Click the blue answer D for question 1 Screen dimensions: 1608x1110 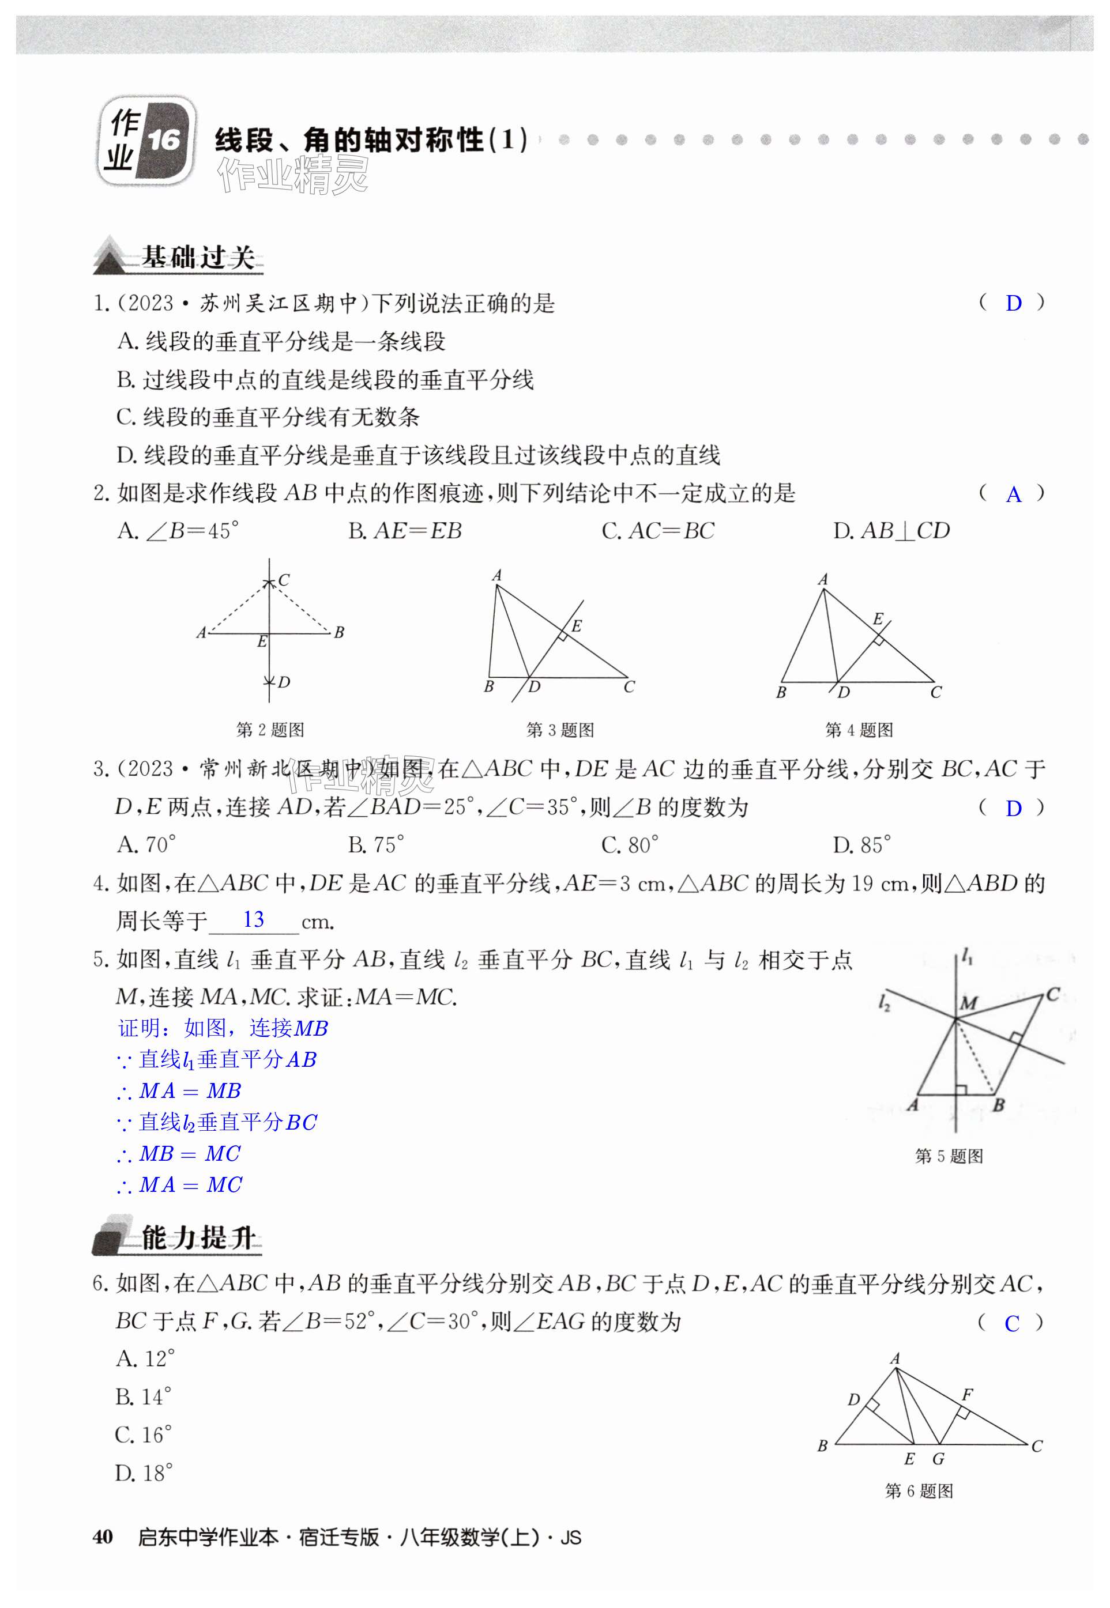[x=1013, y=303]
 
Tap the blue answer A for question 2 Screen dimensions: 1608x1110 [x=1013, y=495]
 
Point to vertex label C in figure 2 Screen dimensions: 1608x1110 [x=284, y=579]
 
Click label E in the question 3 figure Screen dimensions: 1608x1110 [x=576, y=626]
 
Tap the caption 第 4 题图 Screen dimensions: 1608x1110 [x=859, y=730]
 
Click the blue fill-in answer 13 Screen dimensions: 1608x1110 [x=253, y=920]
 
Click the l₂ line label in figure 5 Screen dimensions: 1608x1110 [x=884, y=1002]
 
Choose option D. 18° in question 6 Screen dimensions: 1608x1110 [x=144, y=1473]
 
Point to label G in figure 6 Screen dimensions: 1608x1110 [x=938, y=1459]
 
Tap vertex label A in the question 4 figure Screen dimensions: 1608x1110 [x=823, y=579]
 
